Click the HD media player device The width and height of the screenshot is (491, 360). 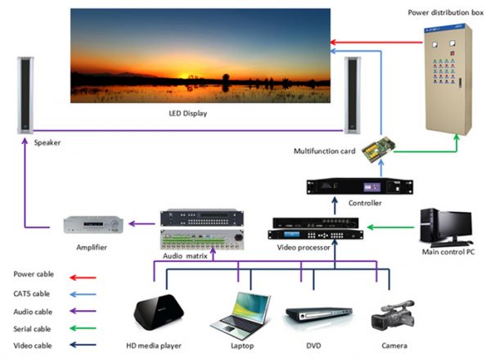[159, 312]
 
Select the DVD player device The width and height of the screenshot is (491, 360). [319, 314]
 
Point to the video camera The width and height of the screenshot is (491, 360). [393, 315]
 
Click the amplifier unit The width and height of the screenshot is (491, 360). [93, 224]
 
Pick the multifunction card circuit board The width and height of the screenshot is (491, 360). [379, 148]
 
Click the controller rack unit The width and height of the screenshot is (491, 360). [360, 187]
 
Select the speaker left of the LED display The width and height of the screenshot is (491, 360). [25, 95]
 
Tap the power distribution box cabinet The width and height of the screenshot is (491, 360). [448, 79]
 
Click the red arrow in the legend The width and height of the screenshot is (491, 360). [83, 277]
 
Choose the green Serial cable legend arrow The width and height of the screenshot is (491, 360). [83, 328]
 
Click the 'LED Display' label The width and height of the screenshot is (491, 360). [188, 114]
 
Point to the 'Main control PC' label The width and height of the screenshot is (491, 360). [448, 252]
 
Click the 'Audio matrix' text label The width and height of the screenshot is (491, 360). [185, 256]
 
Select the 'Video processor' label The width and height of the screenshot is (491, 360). [304, 247]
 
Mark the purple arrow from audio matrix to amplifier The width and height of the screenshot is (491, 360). [142, 223]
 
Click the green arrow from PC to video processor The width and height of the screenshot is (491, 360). [390, 227]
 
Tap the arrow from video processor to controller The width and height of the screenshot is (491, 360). [335, 205]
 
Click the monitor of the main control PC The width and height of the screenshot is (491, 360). [455, 225]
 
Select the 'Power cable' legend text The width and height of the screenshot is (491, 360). [34, 274]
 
